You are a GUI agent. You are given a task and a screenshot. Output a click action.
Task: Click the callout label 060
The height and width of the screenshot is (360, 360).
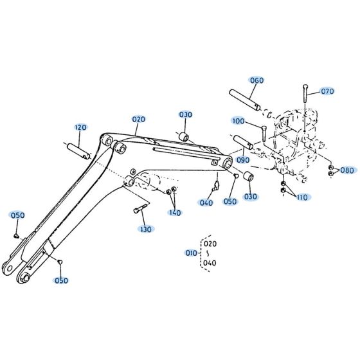pyautogui.click(x=257, y=80)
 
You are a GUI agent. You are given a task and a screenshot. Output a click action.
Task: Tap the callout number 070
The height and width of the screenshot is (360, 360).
pyautogui.click(x=328, y=91)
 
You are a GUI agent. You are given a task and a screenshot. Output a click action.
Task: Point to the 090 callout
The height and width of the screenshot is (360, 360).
pyautogui.click(x=243, y=159)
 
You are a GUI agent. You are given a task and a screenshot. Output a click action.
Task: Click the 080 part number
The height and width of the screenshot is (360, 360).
pyautogui.click(x=346, y=170)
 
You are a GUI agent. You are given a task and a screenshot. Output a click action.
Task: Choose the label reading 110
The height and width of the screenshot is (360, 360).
pyautogui.click(x=303, y=197)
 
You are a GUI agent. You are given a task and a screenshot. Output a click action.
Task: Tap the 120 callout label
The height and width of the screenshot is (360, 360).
pyautogui.click(x=80, y=127)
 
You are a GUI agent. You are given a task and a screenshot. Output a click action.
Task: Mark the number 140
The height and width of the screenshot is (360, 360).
pyautogui.click(x=175, y=212)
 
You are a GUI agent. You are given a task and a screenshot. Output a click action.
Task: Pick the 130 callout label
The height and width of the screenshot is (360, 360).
pyautogui.click(x=147, y=229)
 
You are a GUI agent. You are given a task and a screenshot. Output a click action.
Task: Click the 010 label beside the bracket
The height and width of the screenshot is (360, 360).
pyautogui.click(x=191, y=253)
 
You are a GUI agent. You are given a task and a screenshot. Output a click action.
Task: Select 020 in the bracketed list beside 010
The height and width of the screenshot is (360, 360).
pyautogui.click(x=210, y=244)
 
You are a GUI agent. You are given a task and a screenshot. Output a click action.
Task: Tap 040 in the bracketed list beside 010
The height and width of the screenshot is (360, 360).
pyautogui.click(x=210, y=263)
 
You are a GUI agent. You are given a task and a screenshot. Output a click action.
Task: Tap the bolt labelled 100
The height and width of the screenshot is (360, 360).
pyautogui.click(x=264, y=134)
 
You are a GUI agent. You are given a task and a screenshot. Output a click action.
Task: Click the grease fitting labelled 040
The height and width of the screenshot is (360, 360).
pyautogui.click(x=217, y=186)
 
